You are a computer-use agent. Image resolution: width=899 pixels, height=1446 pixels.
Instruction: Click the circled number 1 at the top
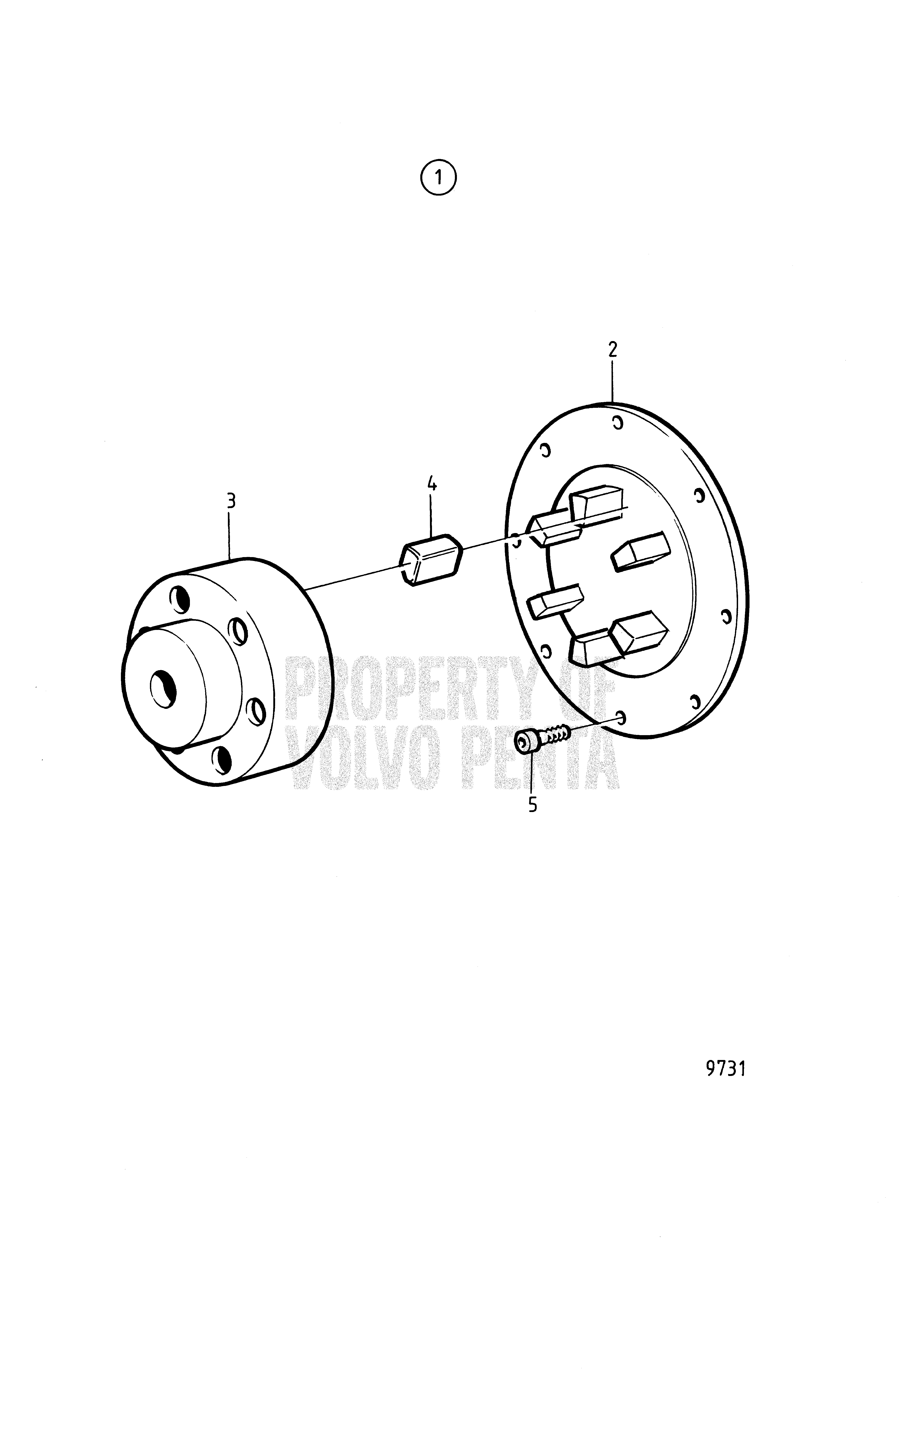(x=438, y=177)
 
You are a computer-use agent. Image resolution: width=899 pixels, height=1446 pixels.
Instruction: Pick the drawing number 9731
(x=725, y=1069)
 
